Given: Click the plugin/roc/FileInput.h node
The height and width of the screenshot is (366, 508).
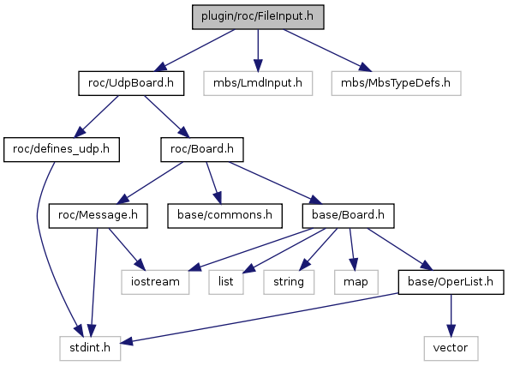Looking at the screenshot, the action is click(258, 17).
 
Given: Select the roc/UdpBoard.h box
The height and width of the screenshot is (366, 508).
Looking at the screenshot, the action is click(131, 83).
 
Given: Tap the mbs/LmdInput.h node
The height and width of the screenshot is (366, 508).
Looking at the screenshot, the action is click(258, 83).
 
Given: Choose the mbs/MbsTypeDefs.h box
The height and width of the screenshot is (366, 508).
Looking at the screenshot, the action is click(396, 83).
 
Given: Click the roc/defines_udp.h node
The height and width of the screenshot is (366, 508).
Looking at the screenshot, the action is click(62, 149).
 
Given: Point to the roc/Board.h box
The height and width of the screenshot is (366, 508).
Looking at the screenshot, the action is click(202, 149).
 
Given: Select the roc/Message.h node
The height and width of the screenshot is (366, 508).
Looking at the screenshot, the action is click(99, 216).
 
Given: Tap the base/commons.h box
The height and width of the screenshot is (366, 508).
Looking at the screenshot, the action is click(224, 216).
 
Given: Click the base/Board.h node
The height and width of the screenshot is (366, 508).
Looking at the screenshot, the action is click(349, 216).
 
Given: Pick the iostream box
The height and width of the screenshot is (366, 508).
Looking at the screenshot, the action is click(155, 282).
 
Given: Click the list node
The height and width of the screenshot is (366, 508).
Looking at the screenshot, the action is click(226, 282).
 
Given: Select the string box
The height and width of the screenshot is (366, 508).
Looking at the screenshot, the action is click(289, 282).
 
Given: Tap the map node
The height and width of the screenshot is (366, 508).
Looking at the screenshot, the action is click(356, 282).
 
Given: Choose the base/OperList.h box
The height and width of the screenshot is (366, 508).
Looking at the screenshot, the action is click(451, 282).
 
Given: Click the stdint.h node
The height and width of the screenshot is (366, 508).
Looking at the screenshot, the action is click(90, 348).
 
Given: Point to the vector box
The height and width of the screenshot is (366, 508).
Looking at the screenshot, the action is click(451, 348).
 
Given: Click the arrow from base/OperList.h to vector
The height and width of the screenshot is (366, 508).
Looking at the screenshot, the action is click(451, 315).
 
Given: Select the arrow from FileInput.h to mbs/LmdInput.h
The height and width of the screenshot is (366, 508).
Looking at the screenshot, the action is click(258, 51).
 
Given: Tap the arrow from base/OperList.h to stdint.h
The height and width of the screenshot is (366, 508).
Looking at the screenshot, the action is click(260, 318).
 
